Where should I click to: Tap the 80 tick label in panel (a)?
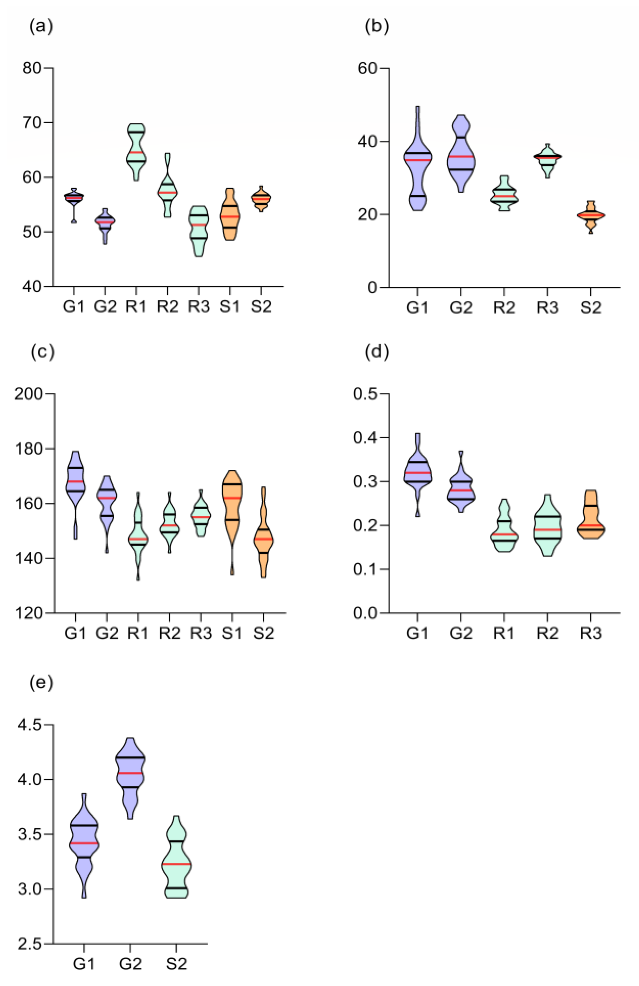[32, 67]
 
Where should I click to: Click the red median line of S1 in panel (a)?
[230, 216]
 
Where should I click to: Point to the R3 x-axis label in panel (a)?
[199, 307]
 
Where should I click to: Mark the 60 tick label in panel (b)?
[367, 68]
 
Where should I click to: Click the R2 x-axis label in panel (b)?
[504, 308]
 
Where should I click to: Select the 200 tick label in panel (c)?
[29, 394]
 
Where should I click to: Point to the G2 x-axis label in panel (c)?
[107, 633]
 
